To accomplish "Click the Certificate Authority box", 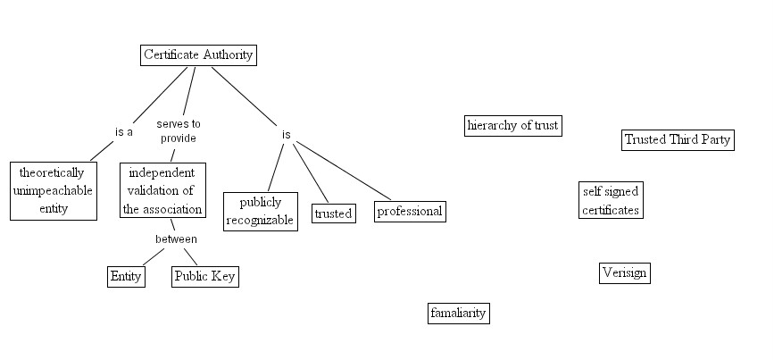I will [198, 54].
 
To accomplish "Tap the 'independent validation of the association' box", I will [162, 190].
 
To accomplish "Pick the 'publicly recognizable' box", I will [260, 212].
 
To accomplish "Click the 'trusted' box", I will [333, 213].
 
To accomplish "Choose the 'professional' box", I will [409, 212].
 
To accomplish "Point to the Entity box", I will [126, 276].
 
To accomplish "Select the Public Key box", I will [205, 276].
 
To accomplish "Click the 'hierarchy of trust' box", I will [512, 125].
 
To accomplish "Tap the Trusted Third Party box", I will [677, 139].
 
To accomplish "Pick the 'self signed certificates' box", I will [610, 201].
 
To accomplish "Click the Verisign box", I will [624, 273].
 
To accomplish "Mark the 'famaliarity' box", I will [458, 313].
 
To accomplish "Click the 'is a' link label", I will [124, 132].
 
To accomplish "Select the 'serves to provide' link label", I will [179, 131].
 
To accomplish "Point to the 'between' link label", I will [176, 239].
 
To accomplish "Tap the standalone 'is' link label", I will [287, 135].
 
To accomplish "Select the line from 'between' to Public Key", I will [189, 255].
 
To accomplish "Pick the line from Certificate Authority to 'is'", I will [246, 98].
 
